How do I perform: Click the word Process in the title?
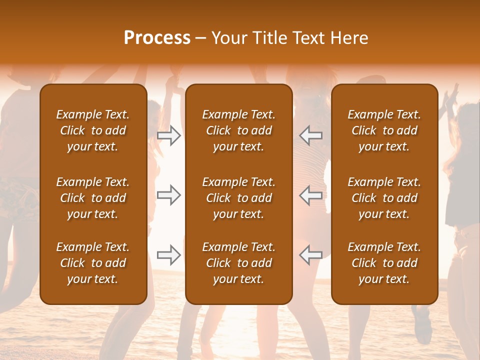[157, 38]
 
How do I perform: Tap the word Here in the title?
[349, 38]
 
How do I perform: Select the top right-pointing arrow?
[168, 135]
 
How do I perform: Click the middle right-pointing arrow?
[168, 195]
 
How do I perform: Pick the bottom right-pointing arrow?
[168, 255]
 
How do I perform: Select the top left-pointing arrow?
[311, 135]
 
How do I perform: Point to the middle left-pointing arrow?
[311, 195]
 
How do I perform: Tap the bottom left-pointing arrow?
[311, 255]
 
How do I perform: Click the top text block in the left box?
[93, 130]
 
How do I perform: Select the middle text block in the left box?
[93, 198]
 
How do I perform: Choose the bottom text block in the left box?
[93, 263]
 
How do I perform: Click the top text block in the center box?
[238, 130]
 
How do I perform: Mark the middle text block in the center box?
[238, 198]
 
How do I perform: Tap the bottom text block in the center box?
[238, 263]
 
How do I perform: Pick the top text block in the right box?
[384, 130]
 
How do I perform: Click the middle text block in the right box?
[384, 198]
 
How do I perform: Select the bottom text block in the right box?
[384, 263]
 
